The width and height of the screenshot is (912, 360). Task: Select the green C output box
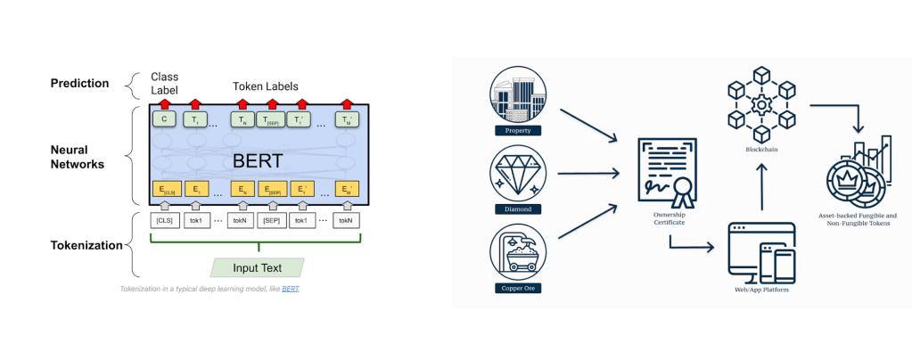[164, 119]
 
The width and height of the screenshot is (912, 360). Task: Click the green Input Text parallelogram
[258, 266]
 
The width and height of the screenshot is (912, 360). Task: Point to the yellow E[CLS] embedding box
[166, 189]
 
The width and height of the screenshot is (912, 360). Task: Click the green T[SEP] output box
[271, 119]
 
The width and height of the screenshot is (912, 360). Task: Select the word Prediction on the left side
[79, 84]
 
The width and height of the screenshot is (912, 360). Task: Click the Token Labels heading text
[265, 86]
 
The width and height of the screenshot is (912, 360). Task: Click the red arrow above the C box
[164, 103]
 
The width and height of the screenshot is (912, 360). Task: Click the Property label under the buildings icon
[518, 131]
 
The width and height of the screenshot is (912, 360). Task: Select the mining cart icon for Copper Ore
[518, 252]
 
